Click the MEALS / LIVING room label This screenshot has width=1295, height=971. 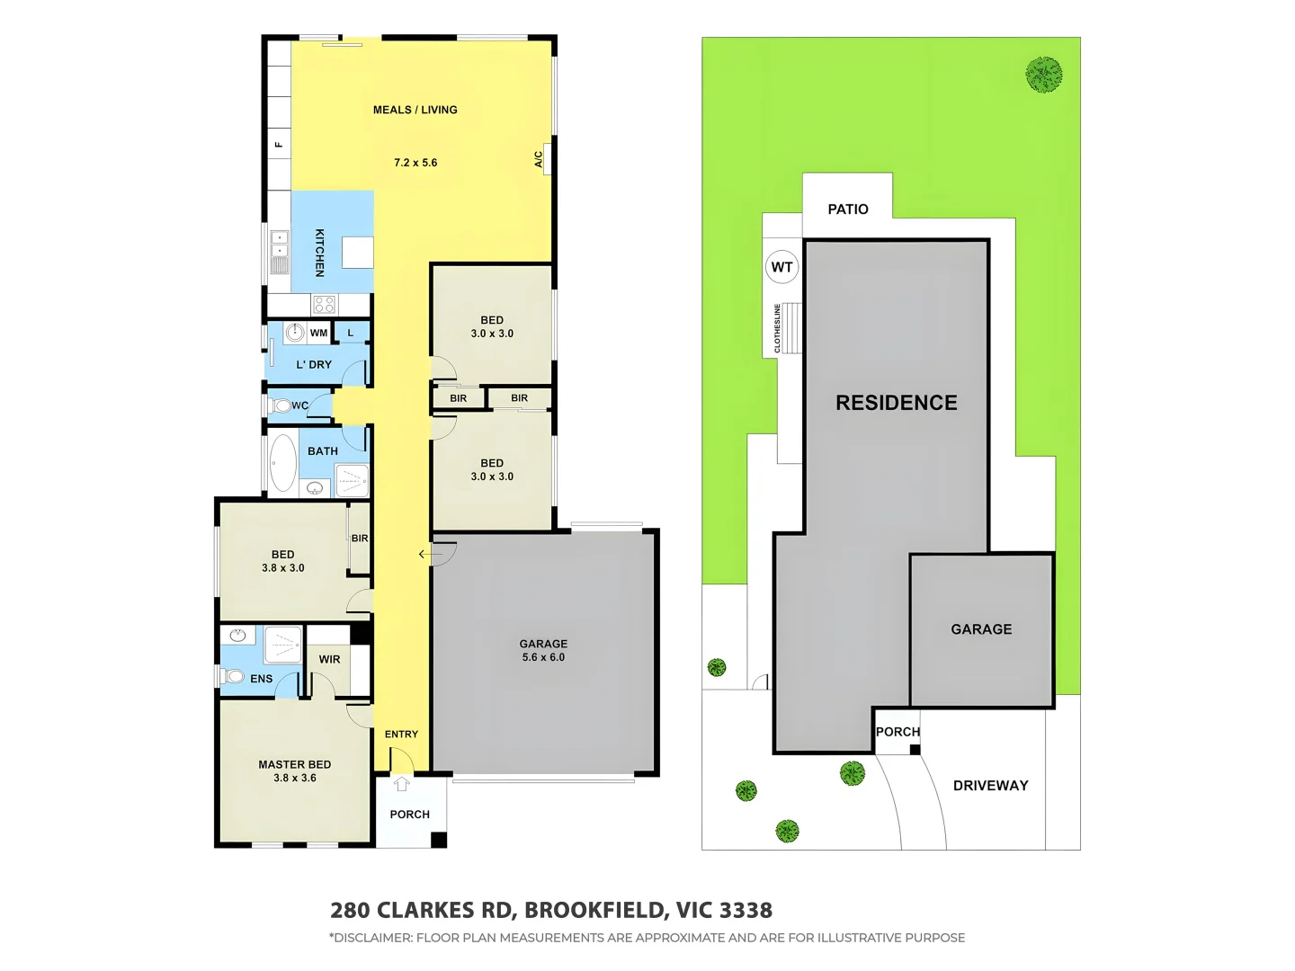tap(415, 110)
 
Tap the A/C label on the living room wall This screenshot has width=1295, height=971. tap(539, 159)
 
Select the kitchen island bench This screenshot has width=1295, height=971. tap(357, 253)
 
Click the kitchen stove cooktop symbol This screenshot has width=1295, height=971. tap(324, 304)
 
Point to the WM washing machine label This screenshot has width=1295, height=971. tap(318, 333)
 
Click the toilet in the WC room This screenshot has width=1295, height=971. tap(281, 405)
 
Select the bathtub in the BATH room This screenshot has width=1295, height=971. tap(283, 462)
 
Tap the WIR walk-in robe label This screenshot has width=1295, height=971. tap(329, 659)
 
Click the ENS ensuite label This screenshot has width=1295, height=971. tap(261, 679)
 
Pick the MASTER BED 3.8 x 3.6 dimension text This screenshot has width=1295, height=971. tap(295, 778)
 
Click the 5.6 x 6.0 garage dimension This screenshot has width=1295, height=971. tap(543, 657)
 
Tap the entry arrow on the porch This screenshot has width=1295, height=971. tap(402, 784)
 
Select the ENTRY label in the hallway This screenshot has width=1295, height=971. tap(401, 734)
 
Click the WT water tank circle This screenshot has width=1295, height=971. tap(781, 267)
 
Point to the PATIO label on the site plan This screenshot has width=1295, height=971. tap(847, 209)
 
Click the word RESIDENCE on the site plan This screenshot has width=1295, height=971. tap(896, 403)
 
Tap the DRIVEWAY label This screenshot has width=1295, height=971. tap(990, 785)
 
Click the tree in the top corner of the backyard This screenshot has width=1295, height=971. tap(1044, 75)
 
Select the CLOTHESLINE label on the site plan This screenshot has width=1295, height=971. tap(778, 328)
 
